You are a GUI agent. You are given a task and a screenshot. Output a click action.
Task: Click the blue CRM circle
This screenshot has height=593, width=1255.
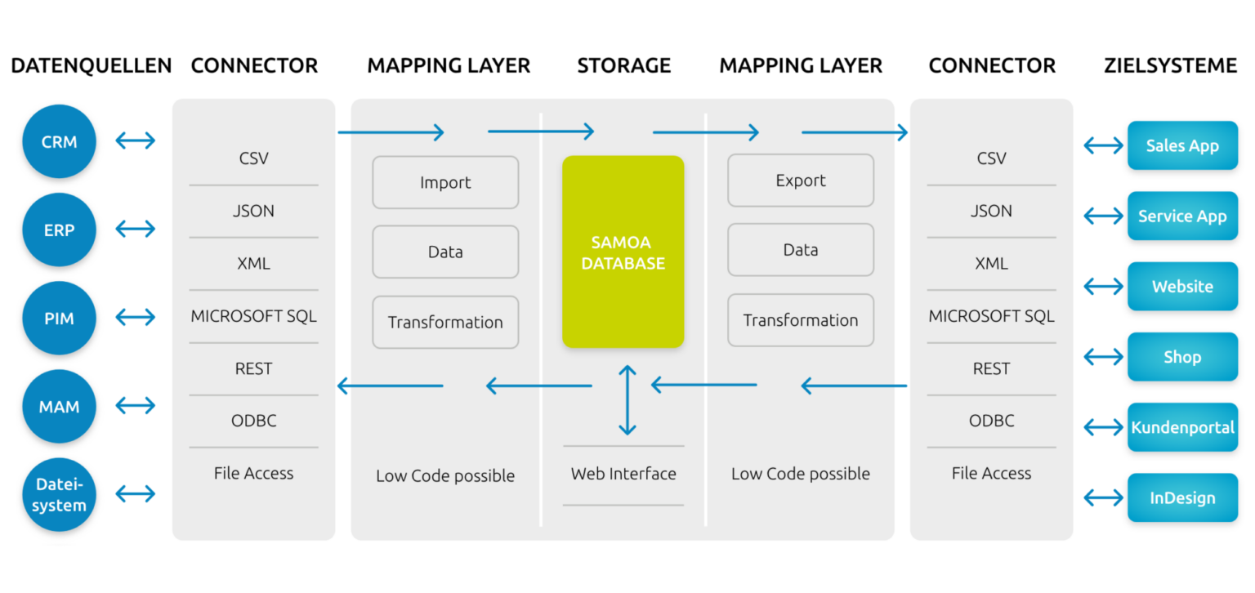coord(59,142)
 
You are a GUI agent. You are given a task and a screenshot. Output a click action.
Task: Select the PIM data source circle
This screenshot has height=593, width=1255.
coord(59,319)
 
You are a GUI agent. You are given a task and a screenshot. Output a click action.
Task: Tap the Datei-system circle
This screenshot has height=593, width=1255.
coord(59,495)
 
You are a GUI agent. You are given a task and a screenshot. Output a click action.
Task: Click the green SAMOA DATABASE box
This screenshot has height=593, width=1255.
coord(623,252)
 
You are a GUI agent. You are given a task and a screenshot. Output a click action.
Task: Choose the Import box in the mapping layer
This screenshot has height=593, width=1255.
coord(445,182)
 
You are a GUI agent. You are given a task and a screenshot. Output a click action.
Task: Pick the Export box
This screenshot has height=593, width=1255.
coord(801,181)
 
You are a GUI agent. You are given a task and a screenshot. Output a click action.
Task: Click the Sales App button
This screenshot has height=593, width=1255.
coord(1182,145)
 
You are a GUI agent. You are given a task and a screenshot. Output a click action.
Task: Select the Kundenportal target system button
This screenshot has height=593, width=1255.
coord(1182,427)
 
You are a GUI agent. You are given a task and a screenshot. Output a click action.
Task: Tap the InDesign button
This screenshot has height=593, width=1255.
coord(1182,497)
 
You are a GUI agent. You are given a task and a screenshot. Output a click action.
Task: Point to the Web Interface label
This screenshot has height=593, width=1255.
coord(623,474)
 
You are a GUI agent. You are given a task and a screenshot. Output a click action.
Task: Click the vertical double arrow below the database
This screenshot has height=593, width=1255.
coord(627,399)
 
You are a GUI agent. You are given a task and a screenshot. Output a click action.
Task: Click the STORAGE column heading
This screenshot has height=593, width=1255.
coord(623,65)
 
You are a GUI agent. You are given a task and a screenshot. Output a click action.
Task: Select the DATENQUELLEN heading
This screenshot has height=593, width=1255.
coord(92,65)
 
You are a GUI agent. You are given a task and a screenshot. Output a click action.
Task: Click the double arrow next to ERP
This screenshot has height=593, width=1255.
coord(136,229)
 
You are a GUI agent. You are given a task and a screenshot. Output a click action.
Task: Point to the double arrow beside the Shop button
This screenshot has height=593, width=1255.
coord(1104,357)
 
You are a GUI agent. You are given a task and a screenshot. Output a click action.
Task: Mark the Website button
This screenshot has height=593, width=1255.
coord(1182,287)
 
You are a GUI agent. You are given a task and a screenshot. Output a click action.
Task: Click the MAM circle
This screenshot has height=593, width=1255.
coord(59,407)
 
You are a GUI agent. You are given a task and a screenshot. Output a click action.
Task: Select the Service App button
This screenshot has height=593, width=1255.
coord(1182,216)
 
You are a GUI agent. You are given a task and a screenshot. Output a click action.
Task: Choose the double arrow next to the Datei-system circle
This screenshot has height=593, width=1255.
coord(136,493)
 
